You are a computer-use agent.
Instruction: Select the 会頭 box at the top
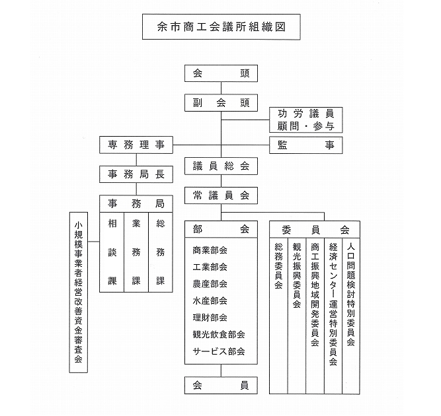(221, 73)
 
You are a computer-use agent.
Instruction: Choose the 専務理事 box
(136, 145)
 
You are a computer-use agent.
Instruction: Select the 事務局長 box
(136, 174)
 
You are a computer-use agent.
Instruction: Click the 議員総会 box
(221, 166)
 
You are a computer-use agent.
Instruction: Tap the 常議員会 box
(221, 195)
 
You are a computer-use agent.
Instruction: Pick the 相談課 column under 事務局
(112, 252)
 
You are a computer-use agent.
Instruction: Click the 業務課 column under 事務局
(136, 252)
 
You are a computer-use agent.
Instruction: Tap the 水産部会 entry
(210, 300)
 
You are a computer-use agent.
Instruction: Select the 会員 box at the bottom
(221, 385)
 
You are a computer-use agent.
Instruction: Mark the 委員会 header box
(315, 229)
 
